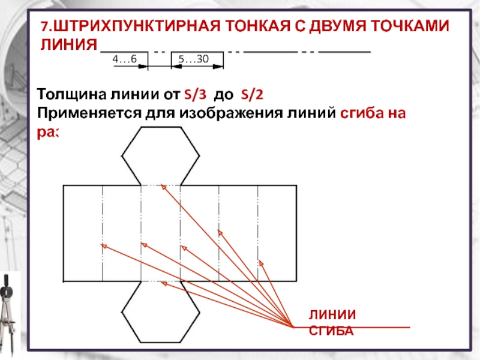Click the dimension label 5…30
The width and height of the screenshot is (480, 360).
point(193,58)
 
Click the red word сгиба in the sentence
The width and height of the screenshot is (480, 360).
point(359,113)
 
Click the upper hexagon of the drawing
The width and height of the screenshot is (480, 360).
point(161,154)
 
